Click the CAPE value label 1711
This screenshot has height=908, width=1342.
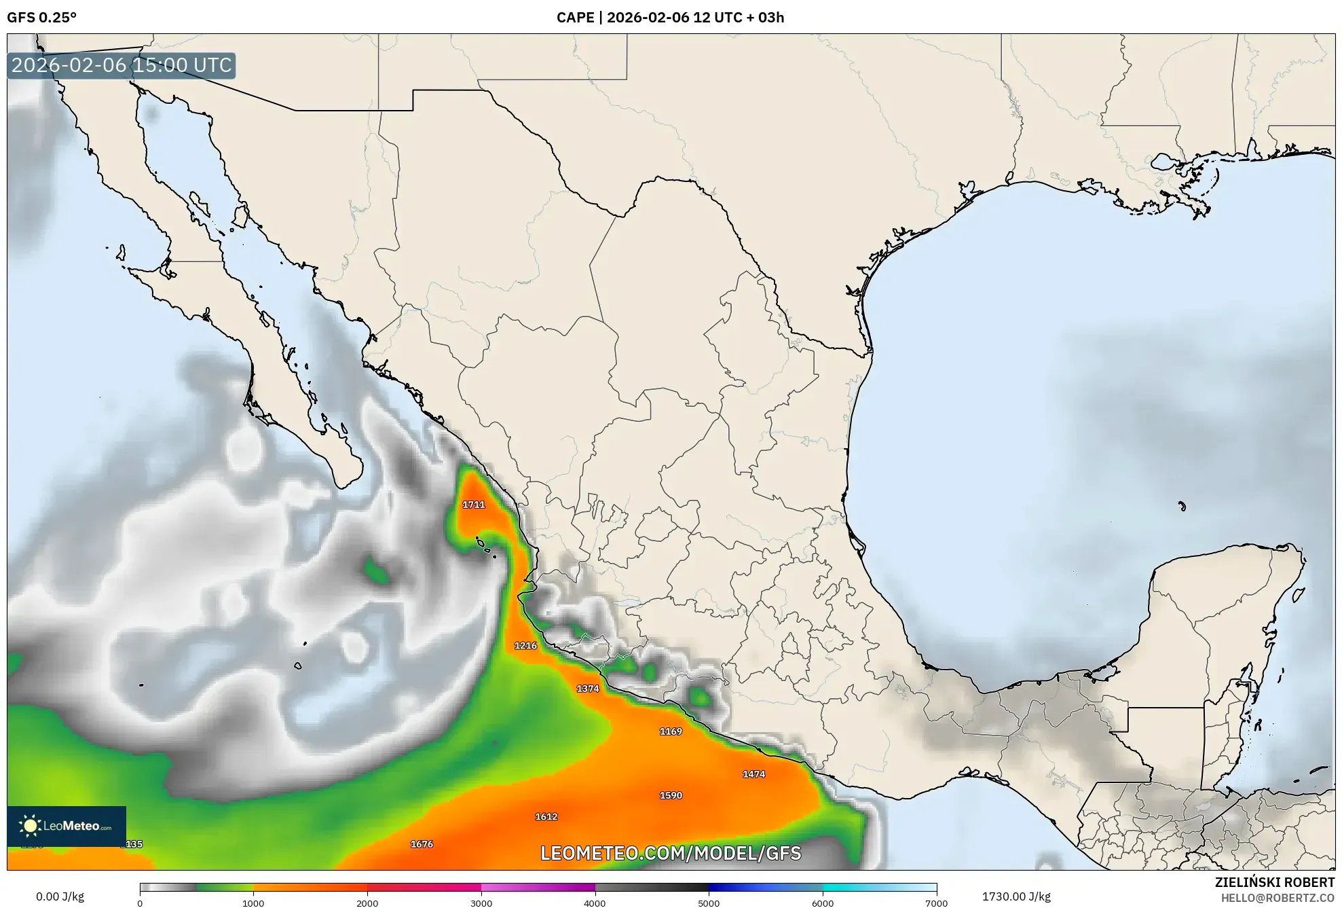(474, 505)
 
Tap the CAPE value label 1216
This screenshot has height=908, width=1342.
(525, 646)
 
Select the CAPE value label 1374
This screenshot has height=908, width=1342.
(588, 689)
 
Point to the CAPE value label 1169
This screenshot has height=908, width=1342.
(671, 731)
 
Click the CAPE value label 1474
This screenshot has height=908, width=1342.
(753, 774)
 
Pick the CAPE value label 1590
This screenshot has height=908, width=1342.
(671, 795)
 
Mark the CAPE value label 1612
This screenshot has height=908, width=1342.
(546, 817)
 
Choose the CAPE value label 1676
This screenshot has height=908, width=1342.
(422, 844)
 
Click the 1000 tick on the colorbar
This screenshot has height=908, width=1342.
(253, 903)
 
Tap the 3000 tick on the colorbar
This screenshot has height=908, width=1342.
(481, 903)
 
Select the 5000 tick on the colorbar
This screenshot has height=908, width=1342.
(709, 903)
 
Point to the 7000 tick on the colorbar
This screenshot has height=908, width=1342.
(936, 903)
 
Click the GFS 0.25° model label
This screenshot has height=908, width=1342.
(41, 18)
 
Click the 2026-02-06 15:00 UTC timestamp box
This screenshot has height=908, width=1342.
(122, 65)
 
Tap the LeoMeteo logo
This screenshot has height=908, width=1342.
(67, 826)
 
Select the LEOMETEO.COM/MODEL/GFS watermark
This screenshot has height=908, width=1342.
(671, 853)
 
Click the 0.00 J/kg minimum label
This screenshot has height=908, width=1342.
(60, 896)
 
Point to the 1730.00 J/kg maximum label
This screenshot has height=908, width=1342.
(1016, 896)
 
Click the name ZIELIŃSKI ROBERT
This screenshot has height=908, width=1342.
(1274, 882)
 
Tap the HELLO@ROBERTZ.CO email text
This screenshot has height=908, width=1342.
(1278, 898)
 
